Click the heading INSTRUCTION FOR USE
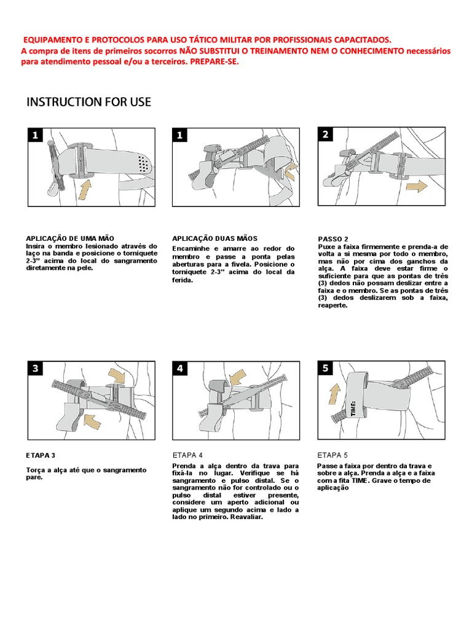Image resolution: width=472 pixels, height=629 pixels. (88, 102)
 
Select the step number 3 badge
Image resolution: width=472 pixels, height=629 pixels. (36, 369)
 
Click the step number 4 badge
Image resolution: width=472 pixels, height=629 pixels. (180, 369)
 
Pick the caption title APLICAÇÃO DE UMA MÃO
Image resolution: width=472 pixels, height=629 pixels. (69, 238)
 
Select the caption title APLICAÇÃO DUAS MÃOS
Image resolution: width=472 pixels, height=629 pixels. (214, 238)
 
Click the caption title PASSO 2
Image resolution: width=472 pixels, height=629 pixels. (333, 239)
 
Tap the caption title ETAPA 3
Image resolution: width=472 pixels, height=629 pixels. (41, 455)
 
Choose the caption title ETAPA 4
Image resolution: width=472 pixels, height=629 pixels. (187, 455)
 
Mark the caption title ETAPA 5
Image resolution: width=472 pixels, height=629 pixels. (332, 455)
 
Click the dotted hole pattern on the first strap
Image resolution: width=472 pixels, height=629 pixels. (144, 163)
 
